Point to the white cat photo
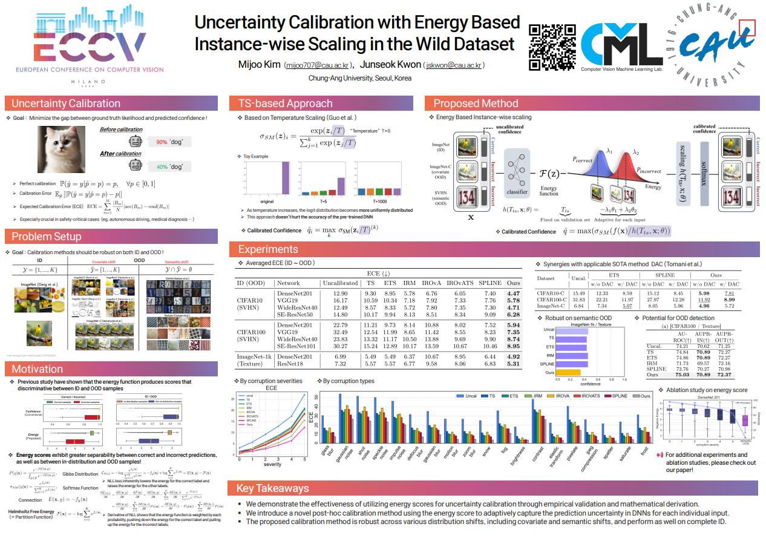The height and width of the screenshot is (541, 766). [66, 149]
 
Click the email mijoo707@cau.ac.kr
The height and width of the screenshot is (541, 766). [316, 65]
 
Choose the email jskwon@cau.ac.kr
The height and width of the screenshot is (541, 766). [453, 65]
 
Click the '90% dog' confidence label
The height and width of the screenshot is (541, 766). [169, 142]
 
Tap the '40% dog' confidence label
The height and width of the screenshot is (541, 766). [169, 166]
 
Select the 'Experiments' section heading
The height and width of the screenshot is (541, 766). [268, 249]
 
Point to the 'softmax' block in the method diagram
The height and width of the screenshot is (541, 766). [704, 169]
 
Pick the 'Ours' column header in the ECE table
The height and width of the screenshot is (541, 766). [513, 283]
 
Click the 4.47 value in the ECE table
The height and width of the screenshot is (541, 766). [513, 293]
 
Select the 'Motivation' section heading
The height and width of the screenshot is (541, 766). [37, 369]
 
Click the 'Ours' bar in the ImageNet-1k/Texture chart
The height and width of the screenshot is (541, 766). [568, 372]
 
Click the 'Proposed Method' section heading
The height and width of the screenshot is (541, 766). [476, 103]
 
